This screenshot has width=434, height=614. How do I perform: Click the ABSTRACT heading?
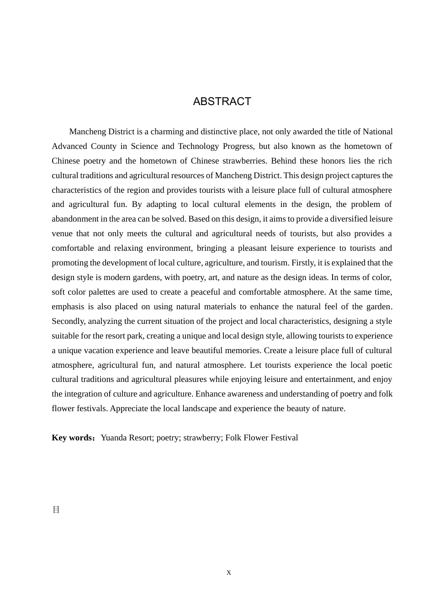click(222, 101)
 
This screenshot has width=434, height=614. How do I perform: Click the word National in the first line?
click(378, 132)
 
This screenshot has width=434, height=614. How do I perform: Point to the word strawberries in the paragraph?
click(244, 161)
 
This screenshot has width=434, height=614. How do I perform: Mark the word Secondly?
click(69, 321)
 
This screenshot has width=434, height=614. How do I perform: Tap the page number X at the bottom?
click(229, 572)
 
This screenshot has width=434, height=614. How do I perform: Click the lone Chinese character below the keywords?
click(56, 510)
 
